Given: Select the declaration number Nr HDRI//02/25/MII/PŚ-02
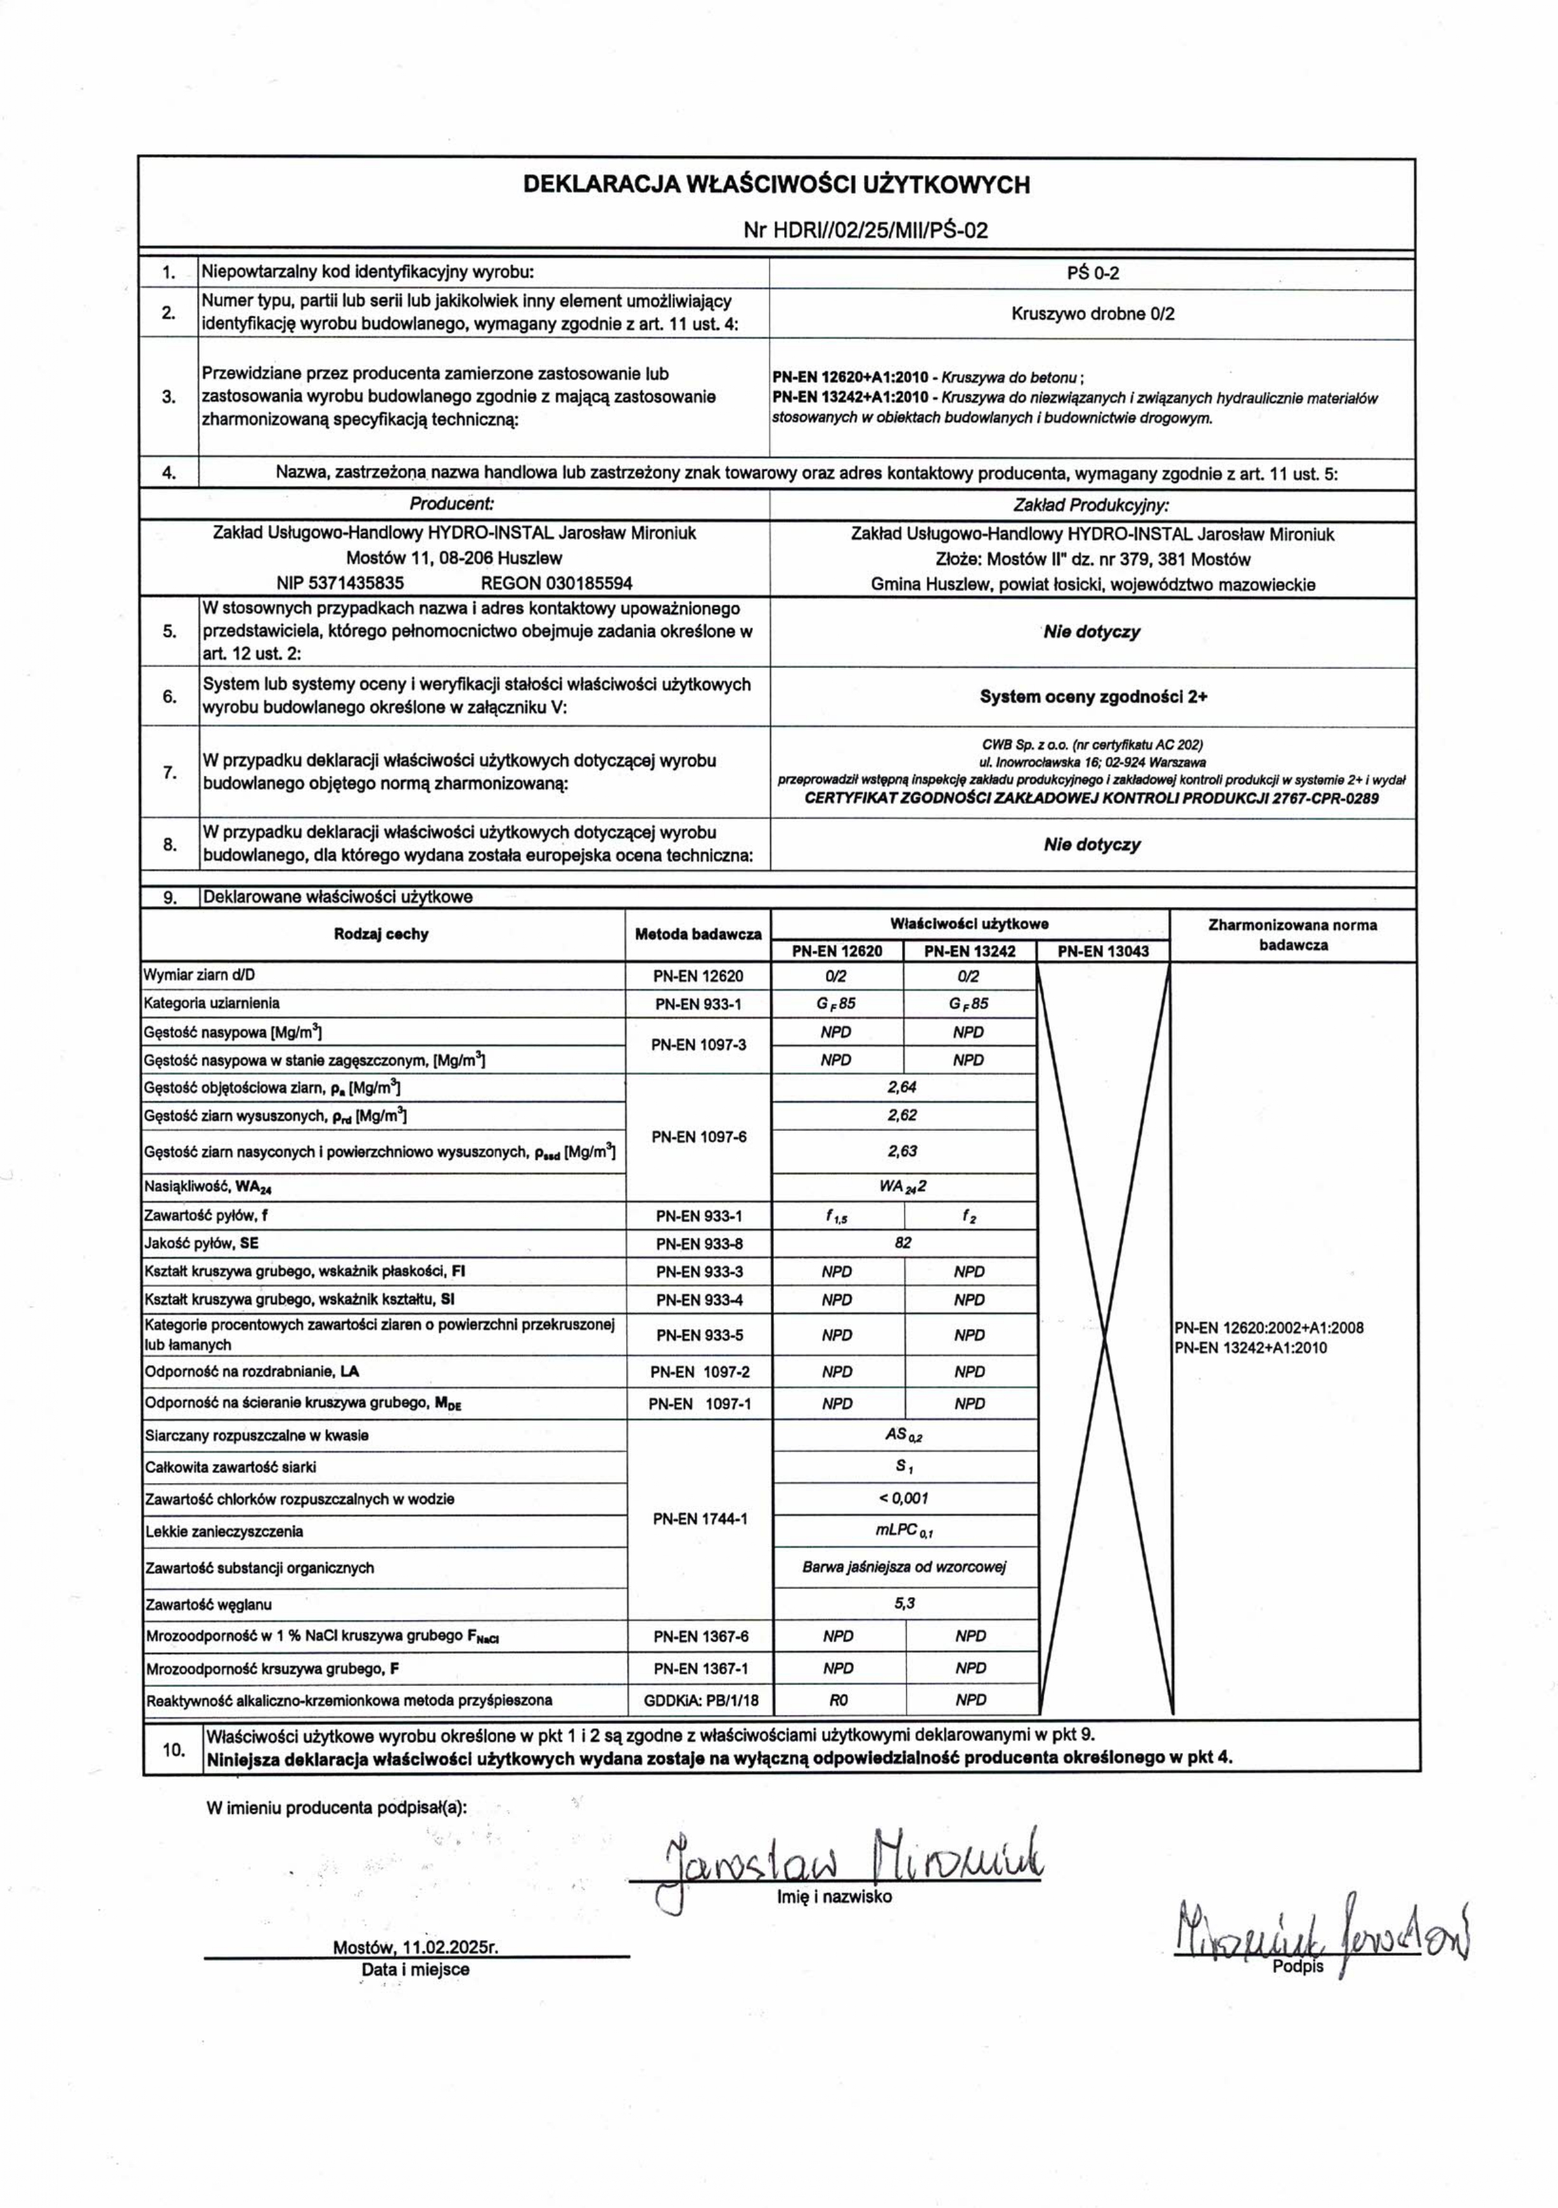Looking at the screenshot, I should pos(866,231).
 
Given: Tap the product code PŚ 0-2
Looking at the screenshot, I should pos(1093,273).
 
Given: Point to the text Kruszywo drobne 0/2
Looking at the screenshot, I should pos(1093,314).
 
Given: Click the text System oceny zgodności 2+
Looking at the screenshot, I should pos(1093,696).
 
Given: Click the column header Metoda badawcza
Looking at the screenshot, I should pos(699,934).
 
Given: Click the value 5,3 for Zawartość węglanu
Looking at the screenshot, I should pos(903,1604).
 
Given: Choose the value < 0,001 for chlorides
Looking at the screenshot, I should pos(903,1498).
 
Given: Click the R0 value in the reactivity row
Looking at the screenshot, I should pos(838,1700).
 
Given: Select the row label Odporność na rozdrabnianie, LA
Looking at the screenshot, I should pos(252,1371).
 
